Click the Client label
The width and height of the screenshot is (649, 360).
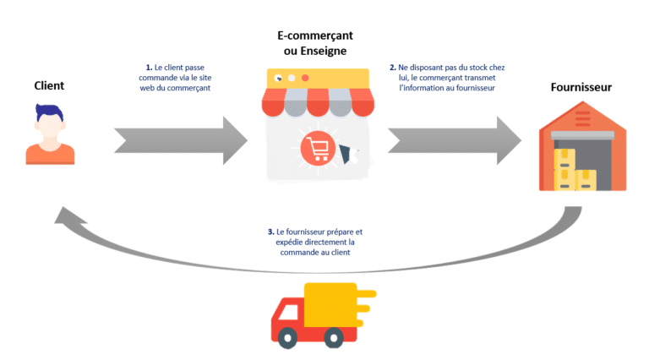pyautogui.click(x=49, y=85)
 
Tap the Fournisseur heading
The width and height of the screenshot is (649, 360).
pyautogui.click(x=581, y=86)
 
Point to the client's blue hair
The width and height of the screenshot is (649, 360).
pyautogui.click(x=49, y=111)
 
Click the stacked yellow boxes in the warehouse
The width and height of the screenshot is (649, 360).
pyautogui.click(x=571, y=170)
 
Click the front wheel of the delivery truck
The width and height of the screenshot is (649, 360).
pyautogui.click(x=289, y=338)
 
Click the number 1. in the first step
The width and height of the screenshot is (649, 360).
pyautogui.click(x=147, y=67)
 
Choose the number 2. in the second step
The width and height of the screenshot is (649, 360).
pyautogui.click(x=392, y=67)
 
